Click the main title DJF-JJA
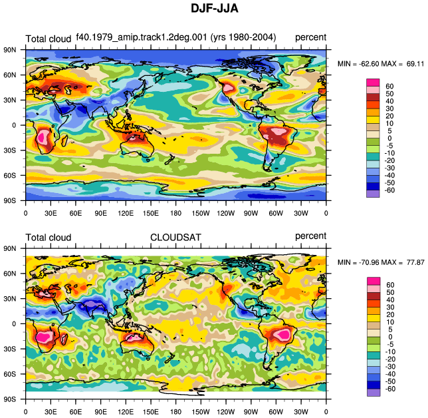214,8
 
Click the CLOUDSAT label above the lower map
175,238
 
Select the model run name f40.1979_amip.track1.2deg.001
142,37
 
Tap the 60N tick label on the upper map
10,75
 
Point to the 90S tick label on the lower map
10,399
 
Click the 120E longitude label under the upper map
126,213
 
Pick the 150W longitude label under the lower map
201,412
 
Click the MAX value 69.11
415,64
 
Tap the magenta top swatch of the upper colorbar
373,83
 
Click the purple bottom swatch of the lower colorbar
374,393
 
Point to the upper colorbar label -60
389,190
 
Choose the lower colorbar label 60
390,285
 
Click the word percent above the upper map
310,37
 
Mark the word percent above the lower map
310,236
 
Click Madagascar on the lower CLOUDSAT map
64,339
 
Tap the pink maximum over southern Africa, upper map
42,136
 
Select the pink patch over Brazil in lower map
282,334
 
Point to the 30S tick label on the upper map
10,150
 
